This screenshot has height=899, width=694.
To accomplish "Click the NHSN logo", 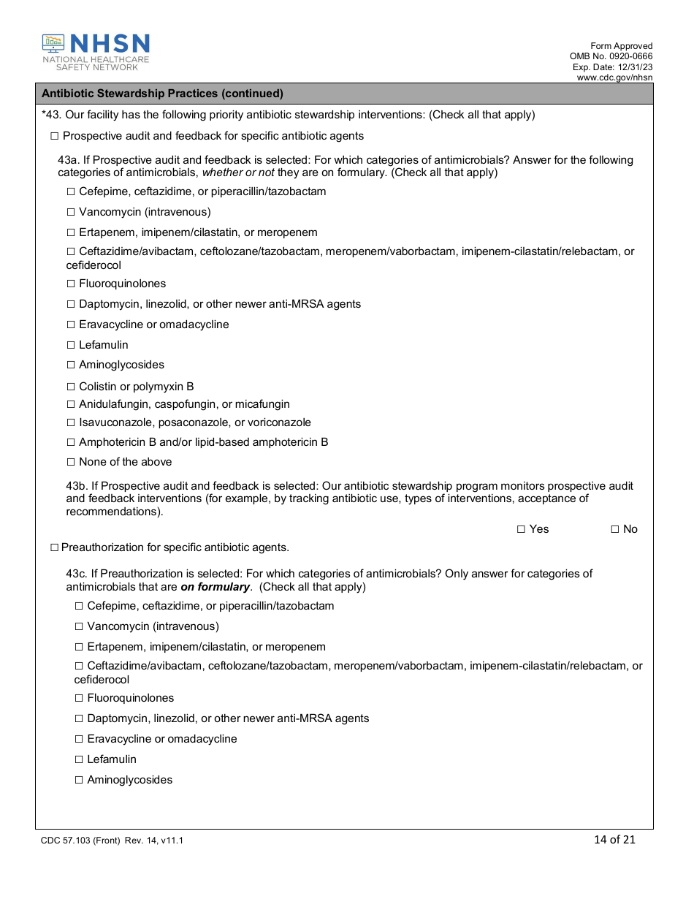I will coord(96,52).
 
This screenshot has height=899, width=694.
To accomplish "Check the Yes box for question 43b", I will coord(521,529).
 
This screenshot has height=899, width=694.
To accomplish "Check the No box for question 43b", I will coord(615,529).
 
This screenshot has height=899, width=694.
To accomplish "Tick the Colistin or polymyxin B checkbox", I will coord(71,387).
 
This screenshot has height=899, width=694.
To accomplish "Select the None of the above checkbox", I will coord(71,462).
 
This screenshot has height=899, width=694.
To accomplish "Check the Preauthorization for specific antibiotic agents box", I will coord(54,547).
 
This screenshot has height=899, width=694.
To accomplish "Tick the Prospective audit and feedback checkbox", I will coord(54,136).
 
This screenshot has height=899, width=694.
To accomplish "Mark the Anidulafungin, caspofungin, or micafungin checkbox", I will coord(71,404).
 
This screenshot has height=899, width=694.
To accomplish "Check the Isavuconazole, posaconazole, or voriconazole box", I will coord(71,422).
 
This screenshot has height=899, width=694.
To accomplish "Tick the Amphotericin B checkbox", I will coord(71,442).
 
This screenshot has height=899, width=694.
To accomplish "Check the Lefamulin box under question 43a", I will coord(71,345).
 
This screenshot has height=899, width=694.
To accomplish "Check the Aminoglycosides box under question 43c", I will coord(79,780).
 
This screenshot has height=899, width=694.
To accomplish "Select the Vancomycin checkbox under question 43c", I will coord(79,626).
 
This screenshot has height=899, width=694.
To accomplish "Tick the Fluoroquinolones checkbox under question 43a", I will coord(71,284).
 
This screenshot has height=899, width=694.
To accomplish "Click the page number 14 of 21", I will coord(614,839).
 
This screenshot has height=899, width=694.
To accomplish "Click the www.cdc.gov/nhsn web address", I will coord(614,77).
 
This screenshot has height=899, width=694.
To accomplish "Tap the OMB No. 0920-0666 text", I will coord(611,56).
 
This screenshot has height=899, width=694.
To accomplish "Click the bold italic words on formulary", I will coord(216,587).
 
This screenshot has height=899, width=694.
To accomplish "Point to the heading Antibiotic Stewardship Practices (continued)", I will coord(162,94).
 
